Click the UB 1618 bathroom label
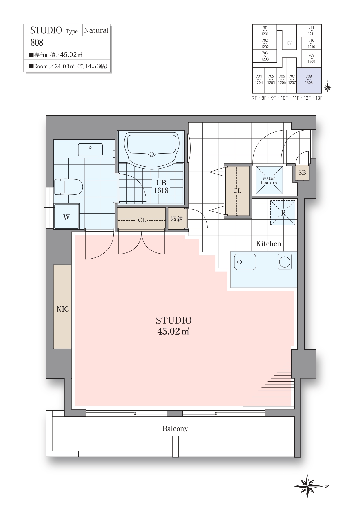[161, 186]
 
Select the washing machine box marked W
[67, 216]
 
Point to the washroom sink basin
[90, 150]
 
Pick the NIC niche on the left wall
[62, 306]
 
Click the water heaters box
[269, 181]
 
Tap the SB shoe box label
[302, 173]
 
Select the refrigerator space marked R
[283, 213]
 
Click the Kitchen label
[268, 244]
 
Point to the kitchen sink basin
[245, 262]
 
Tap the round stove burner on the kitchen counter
[285, 262]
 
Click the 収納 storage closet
[177, 219]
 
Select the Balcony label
[175, 429]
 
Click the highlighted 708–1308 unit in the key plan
[309, 80]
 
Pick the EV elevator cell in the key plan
[289, 43]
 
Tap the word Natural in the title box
[96, 30]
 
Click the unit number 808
[37, 43]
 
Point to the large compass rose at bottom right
[308, 486]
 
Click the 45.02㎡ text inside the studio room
[173, 331]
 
